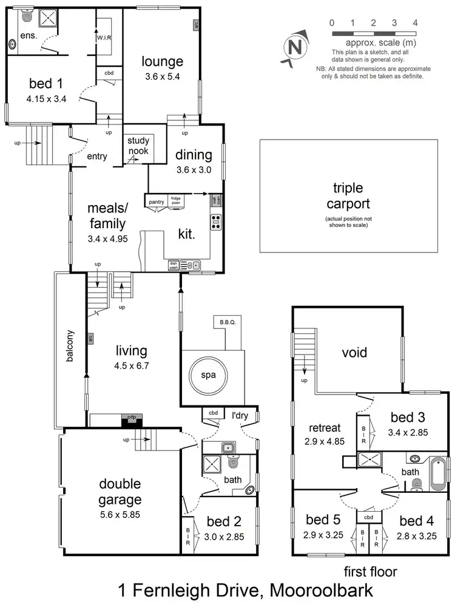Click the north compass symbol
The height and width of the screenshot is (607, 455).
295,46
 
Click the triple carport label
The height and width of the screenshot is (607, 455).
348,197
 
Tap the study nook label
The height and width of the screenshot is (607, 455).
138,146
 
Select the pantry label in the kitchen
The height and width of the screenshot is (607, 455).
155,198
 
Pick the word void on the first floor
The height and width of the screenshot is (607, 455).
354,352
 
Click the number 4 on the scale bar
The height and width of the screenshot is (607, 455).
415,22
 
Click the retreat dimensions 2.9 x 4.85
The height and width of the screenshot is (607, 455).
324,441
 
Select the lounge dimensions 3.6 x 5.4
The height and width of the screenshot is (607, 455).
163,76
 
